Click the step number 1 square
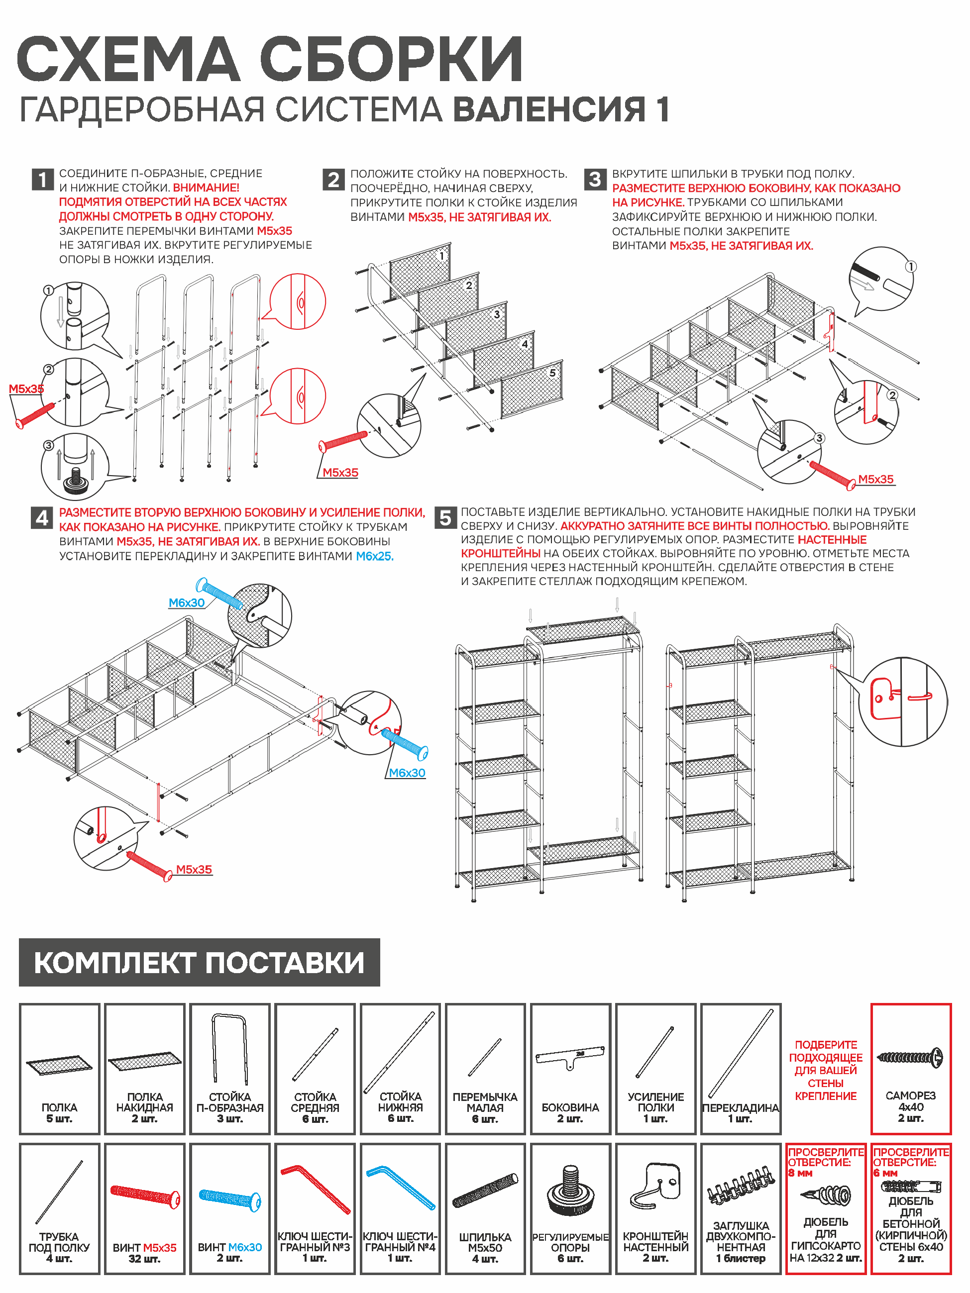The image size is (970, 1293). (x=43, y=180)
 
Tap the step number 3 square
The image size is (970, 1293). (x=595, y=180)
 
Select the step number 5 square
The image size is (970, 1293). (x=445, y=518)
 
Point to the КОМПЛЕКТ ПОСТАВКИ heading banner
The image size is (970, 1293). (x=199, y=963)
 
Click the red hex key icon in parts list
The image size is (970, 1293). (x=316, y=1189)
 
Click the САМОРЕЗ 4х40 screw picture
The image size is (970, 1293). (x=910, y=1058)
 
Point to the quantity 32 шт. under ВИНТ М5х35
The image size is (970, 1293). (x=144, y=1259)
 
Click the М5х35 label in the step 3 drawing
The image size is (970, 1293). (x=875, y=479)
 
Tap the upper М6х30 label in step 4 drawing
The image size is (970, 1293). (x=187, y=602)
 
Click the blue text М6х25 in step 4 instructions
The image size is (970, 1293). (x=375, y=556)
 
